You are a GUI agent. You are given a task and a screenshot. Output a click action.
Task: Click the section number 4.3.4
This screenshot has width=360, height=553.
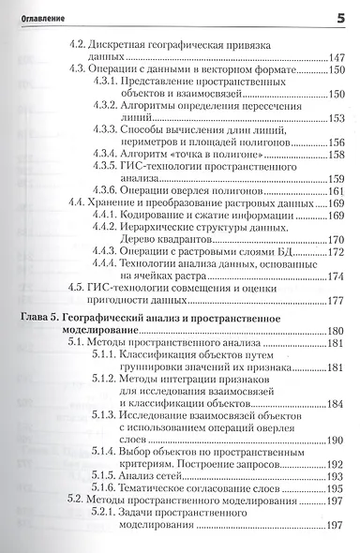pos(105,154)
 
